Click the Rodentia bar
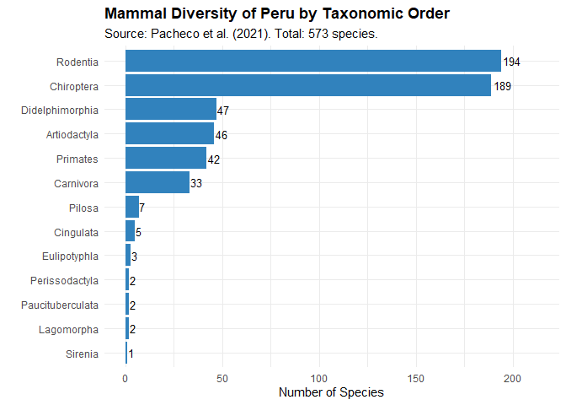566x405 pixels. click(x=312, y=62)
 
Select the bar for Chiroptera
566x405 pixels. click(x=307, y=86)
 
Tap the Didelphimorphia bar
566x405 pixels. click(x=170, y=111)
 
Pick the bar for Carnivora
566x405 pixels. click(x=157, y=183)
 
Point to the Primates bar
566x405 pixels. click(x=165, y=159)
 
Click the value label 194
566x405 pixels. click(x=512, y=62)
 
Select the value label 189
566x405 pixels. click(x=503, y=87)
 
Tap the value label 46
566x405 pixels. click(x=222, y=135)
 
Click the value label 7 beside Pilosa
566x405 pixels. click(x=142, y=208)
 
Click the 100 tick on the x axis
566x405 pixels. click(x=319, y=379)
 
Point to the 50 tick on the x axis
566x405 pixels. click(x=222, y=379)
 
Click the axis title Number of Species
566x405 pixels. click(x=331, y=393)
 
